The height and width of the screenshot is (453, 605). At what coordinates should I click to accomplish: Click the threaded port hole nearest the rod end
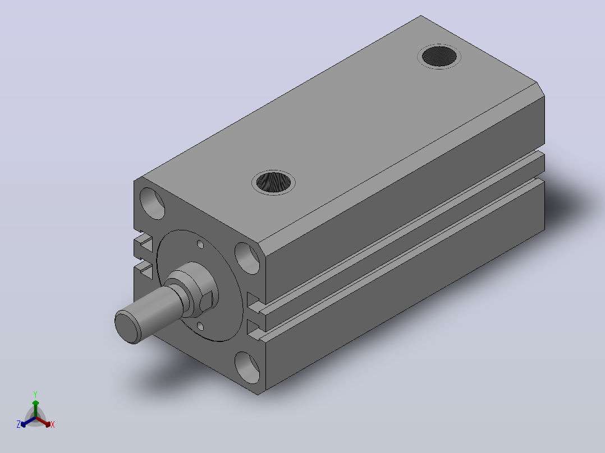[x=273, y=182]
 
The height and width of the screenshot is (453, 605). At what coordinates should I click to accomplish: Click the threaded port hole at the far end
[x=439, y=56]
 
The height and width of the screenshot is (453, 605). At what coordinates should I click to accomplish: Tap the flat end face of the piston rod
[x=128, y=327]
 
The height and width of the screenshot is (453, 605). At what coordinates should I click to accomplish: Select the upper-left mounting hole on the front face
[x=152, y=203]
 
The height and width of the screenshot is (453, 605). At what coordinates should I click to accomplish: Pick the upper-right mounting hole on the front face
[x=247, y=258]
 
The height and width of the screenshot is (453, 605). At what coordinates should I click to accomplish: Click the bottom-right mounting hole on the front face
[x=247, y=367]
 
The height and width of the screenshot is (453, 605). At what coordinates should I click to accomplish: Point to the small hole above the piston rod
[x=200, y=244]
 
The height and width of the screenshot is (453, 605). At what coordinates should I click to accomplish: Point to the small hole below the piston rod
[x=200, y=326]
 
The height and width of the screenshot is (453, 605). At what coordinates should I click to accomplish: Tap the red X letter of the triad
[x=53, y=424]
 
